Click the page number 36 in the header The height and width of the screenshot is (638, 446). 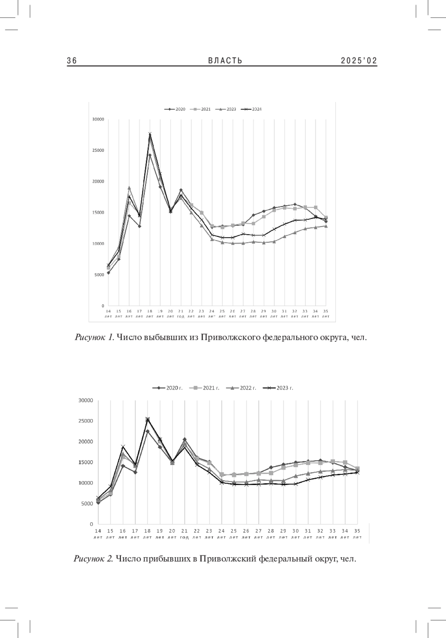(x=72, y=61)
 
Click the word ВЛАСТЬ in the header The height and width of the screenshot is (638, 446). (x=225, y=61)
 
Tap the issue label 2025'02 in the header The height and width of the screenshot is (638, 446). (x=359, y=61)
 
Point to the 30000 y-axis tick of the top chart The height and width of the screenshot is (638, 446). (x=98, y=119)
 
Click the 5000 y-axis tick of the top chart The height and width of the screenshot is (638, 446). (x=100, y=275)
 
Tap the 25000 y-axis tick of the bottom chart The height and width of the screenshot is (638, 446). (x=86, y=421)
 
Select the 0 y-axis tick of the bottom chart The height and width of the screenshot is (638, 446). (x=91, y=524)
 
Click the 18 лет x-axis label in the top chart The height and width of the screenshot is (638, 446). (x=150, y=314)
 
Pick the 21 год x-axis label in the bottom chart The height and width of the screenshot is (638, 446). (x=184, y=534)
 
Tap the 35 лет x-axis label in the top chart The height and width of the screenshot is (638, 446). (x=326, y=314)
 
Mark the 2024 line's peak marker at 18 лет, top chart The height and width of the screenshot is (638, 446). (x=150, y=134)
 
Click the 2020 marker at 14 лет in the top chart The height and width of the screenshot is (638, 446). (x=108, y=273)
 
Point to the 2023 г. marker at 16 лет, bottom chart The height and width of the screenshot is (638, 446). (x=123, y=446)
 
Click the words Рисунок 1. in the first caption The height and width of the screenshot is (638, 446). (x=94, y=337)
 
